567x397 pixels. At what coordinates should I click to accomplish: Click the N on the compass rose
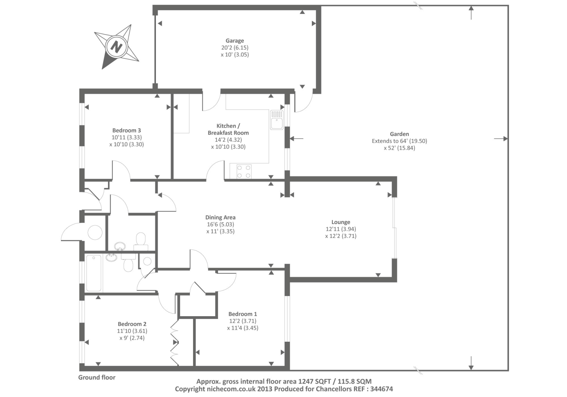117,46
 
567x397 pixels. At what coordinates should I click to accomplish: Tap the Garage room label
235,40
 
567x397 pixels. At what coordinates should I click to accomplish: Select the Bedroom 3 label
127,130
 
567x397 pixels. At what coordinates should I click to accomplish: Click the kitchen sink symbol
277,120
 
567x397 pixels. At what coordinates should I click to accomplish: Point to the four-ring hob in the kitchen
244,172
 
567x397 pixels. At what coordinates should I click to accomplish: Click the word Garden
399,134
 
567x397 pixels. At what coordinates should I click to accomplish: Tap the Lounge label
341,222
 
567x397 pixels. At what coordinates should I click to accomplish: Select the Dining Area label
220,217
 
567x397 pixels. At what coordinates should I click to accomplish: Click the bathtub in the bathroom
94,273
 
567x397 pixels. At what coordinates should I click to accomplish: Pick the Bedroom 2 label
132,324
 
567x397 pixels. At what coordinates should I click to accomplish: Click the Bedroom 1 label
242,314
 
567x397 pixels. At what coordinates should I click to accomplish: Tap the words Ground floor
97,377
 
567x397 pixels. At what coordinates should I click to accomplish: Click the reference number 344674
381,389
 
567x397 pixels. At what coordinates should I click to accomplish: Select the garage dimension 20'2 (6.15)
235,47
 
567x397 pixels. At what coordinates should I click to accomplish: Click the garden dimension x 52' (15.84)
399,148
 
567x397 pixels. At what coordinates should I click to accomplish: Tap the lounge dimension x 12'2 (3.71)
341,236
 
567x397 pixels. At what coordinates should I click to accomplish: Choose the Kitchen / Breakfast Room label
228,129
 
